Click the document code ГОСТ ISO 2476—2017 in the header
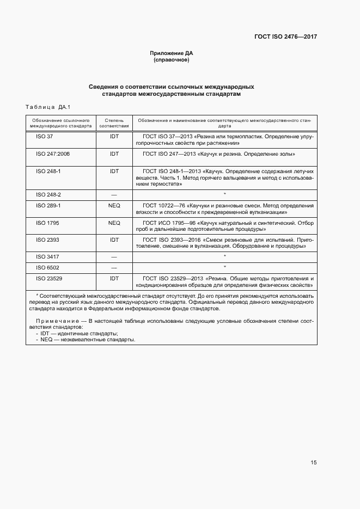point(285,37)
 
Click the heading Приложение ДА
point(172,53)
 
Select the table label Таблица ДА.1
point(48,106)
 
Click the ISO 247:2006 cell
point(53,154)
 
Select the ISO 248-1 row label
point(48,171)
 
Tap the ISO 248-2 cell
point(48,194)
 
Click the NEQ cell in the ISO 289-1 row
point(114,206)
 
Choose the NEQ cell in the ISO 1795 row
point(114,223)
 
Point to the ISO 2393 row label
point(48,240)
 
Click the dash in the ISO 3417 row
point(114,256)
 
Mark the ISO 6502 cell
point(48,267)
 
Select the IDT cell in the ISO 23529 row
point(114,278)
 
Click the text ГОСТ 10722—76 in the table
point(163,206)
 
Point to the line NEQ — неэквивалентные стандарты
point(88,340)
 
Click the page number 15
point(313,463)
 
